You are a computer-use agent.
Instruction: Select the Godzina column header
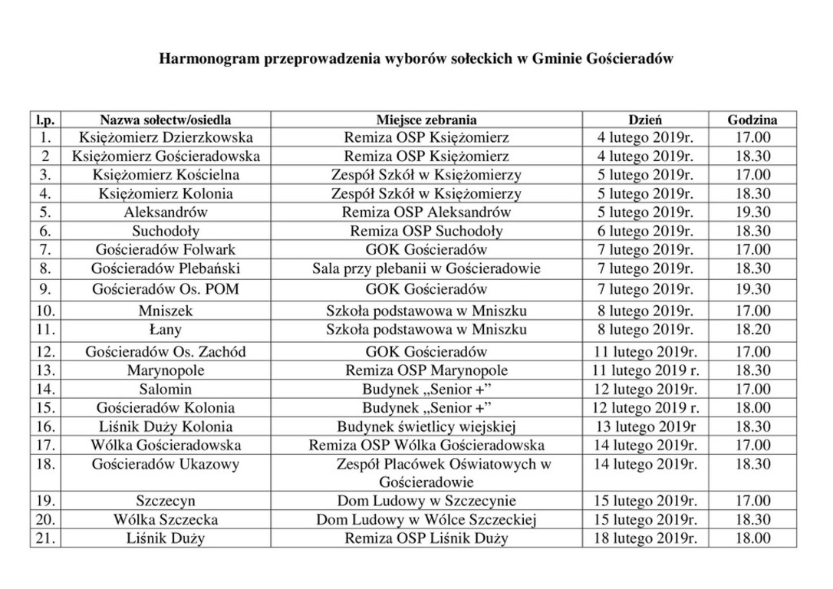tap(752, 120)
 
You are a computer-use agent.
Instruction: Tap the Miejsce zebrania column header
tap(426, 120)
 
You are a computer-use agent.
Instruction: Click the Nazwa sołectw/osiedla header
tap(166, 120)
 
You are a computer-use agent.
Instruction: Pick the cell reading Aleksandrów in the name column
tap(166, 212)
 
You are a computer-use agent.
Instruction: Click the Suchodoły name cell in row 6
tap(166, 231)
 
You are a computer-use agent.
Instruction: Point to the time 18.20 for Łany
tap(752, 330)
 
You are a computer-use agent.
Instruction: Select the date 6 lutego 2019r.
tap(646, 231)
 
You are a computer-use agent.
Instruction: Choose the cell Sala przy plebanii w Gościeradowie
tap(426, 268)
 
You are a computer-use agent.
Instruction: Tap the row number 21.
tap(46, 538)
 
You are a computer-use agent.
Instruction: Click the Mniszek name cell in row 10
tap(166, 311)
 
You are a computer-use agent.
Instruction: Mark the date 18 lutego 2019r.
tap(646, 538)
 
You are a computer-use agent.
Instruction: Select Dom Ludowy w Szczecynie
tap(426, 501)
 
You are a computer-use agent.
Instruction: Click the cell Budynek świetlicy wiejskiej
tap(426, 426)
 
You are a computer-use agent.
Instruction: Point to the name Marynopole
tap(166, 370)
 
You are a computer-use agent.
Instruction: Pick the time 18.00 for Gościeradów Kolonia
tap(752, 408)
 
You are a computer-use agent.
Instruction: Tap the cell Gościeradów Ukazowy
tap(166, 464)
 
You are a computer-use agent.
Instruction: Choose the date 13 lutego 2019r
tap(646, 426)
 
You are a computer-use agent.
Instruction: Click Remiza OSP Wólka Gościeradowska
tap(426, 445)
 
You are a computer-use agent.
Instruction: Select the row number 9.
tap(46, 290)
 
